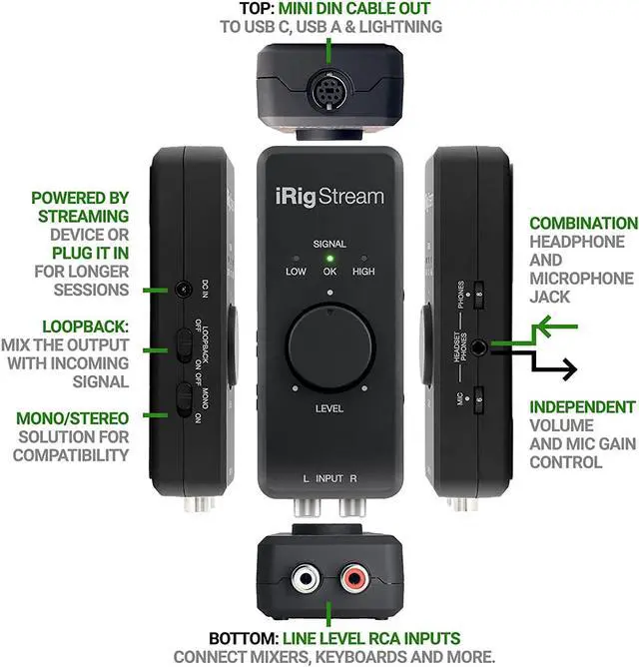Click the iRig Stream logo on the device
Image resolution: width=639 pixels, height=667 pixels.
click(x=329, y=196)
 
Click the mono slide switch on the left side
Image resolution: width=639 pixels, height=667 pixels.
click(x=183, y=398)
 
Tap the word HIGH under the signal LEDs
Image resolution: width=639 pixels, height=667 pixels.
click(x=363, y=272)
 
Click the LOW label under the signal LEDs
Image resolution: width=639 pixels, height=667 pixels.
click(x=297, y=272)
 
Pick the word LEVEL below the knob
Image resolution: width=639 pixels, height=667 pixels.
click(x=329, y=408)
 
